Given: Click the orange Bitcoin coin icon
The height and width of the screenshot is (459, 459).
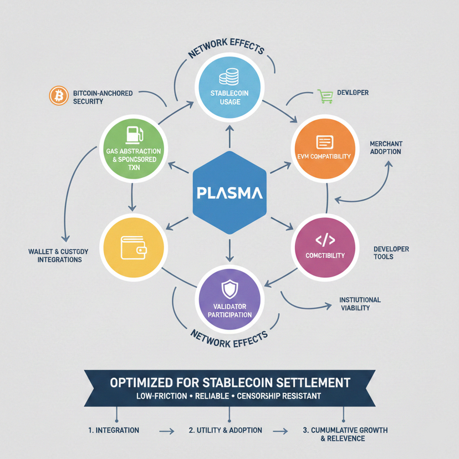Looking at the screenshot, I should click(57, 96).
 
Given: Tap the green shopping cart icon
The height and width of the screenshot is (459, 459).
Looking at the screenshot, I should click(324, 96).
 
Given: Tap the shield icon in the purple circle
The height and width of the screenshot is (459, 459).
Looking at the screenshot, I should click(229, 289).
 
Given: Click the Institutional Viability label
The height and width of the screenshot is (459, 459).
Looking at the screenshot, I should click(360, 304).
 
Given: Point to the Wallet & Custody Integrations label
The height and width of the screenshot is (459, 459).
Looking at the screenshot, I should click(54, 256).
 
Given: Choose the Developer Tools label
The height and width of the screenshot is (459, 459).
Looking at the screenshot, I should click(391, 253).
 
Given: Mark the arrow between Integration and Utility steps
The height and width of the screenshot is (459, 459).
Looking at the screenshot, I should click(166, 430).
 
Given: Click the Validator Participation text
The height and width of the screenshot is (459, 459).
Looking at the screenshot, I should click(229, 310).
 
